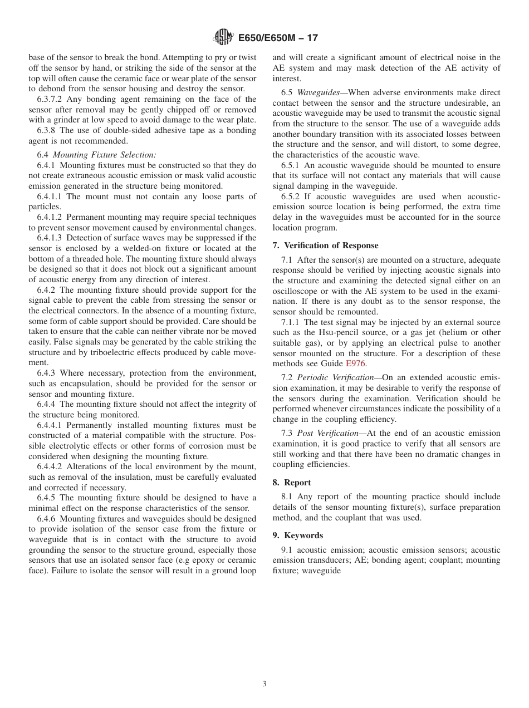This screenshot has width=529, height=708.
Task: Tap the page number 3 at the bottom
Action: (x=264, y=684)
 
